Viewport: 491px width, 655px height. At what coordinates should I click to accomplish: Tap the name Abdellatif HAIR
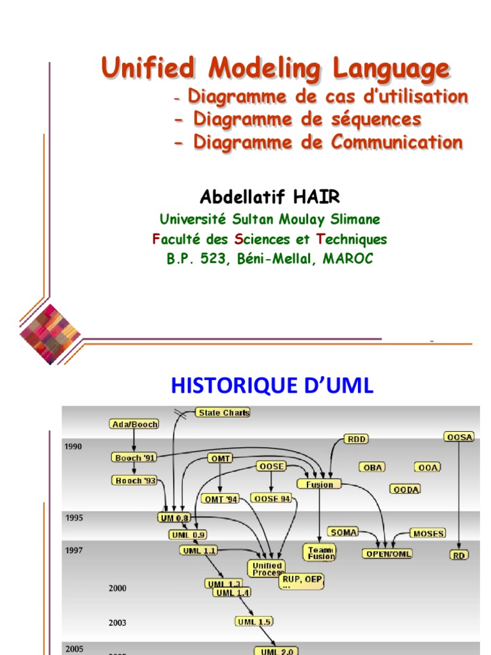click(269, 196)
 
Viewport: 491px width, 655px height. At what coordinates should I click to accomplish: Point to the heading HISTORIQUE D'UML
click(272, 386)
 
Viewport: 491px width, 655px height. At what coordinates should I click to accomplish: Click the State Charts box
click(222, 413)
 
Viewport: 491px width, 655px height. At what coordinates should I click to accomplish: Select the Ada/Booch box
click(134, 424)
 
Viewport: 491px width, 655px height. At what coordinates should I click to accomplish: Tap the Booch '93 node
click(136, 480)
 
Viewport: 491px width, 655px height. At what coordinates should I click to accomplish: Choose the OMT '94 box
click(221, 499)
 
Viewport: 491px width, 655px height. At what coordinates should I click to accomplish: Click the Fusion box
click(319, 484)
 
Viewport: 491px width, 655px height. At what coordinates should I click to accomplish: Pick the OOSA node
click(459, 436)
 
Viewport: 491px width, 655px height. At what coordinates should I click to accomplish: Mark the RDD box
click(356, 439)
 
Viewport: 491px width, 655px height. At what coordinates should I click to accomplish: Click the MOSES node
click(427, 533)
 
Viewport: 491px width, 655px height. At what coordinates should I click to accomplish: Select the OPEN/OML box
click(387, 554)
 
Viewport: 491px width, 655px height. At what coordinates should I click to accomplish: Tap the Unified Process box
click(267, 569)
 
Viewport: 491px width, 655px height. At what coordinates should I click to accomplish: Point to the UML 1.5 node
click(254, 622)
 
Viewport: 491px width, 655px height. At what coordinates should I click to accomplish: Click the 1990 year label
click(74, 446)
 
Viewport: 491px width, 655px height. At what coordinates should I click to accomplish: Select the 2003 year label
click(118, 622)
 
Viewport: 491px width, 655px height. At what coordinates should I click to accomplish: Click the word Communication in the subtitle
click(396, 142)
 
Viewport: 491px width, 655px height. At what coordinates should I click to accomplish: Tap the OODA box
click(405, 489)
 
